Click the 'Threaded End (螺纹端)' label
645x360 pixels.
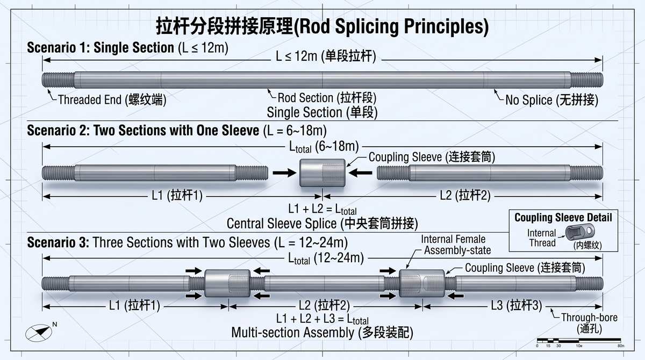(x=112, y=100)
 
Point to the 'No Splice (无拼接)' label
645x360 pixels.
(x=551, y=100)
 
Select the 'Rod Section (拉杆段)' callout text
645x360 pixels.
(x=327, y=98)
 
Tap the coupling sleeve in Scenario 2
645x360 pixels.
(x=322, y=173)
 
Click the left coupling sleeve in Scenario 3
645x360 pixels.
(x=227, y=283)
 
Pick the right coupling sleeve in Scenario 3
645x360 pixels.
(x=422, y=283)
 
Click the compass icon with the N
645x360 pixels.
(x=40, y=333)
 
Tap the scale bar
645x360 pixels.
(x=579, y=341)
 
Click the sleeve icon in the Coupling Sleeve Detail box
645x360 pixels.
(x=579, y=232)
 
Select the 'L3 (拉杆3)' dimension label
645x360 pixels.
(x=517, y=305)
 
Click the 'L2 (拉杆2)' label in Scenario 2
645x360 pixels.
(x=465, y=196)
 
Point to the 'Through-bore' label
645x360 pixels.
(x=589, y=318)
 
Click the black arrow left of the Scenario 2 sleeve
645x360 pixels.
(x=284, y=173)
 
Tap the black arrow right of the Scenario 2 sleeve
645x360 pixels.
(x=360, y=173)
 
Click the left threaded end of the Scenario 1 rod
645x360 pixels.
(x=59, y=80)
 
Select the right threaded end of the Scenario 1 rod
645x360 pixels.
(x=586, y=80)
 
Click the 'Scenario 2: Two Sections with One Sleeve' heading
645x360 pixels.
(x=143, y=131)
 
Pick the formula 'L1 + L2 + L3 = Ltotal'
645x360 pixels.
(x=322, y=319)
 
